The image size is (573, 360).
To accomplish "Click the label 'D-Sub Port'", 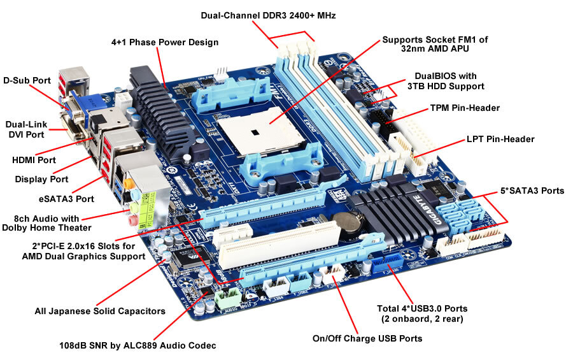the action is click(x=27, y=80).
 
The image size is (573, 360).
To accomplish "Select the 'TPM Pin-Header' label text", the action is click(x=465, y=108).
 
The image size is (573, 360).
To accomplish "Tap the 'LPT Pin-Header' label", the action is click(x=500, y=139).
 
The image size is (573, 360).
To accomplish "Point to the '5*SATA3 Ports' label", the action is click(x=532, y=191).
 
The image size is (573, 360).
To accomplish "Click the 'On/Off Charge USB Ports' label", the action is click(x=367, y=338).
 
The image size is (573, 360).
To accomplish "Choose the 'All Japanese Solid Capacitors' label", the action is click(x=100, y=311).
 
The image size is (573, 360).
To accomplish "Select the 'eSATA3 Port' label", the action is click(x=66, y=199).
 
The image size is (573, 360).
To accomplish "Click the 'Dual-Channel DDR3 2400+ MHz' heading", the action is click(x=268, y=15).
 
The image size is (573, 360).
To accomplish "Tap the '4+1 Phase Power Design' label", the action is click(x=165, y=42).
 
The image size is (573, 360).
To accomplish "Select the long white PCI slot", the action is click(x=279, y=243).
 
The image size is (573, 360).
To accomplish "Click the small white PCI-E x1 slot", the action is click(x=232, y=235).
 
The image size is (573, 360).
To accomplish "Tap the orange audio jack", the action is click(x=128, y=183).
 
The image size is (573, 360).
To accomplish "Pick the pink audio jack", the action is click(x=132, y=220).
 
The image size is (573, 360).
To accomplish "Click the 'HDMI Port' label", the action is click(x=34, y=160).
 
